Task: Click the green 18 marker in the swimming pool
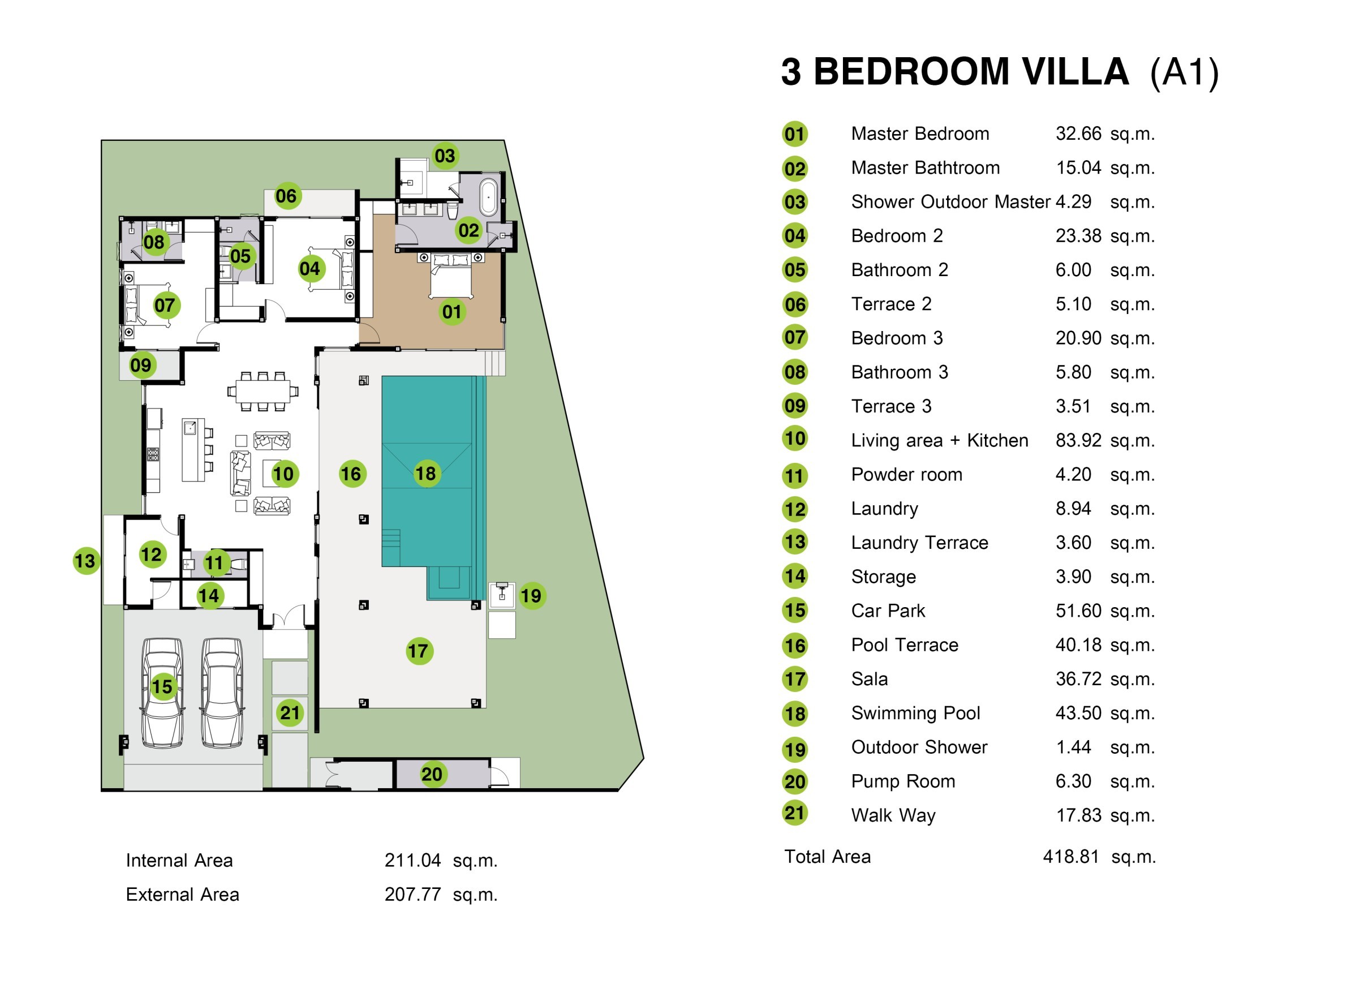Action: [426, 474]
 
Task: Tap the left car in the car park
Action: [162, 693]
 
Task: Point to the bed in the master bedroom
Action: [450, 276]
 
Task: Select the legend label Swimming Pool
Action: [915, 714]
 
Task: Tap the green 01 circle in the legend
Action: [794, 134]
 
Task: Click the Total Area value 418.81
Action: [1070, 857]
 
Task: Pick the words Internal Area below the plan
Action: [179, 861]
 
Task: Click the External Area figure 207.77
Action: [412, 895]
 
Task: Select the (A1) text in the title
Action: [1184, 74]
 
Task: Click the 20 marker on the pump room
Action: [432, 775]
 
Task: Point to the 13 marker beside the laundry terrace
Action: [85, 562]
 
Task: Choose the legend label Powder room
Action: [906, 475]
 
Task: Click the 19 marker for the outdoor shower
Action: [531, 596]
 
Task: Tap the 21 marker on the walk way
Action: [290, 714]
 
